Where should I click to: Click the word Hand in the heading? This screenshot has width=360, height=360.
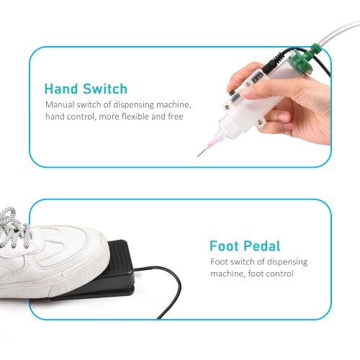click(x=61, y=89)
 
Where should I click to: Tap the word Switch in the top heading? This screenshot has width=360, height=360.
click(x=105, y=89)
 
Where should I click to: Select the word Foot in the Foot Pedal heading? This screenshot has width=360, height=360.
click(x=225, y=246)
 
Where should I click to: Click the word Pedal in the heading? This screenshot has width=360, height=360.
click(x=262, y=246)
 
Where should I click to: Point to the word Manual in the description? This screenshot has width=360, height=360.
click(x=60, y=104)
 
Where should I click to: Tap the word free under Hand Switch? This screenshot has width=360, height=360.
click(x=176, y=117)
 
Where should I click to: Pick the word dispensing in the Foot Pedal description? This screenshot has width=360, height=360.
click(x=287, y=262)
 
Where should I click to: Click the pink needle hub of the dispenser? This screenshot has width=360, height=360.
click(x=212, y=142)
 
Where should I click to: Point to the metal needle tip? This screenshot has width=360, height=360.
click(x=198, y=156)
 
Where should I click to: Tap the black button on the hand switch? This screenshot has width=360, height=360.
click(x=232, y=93)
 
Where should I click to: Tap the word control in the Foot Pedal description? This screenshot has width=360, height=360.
click(x=279, y=274)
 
